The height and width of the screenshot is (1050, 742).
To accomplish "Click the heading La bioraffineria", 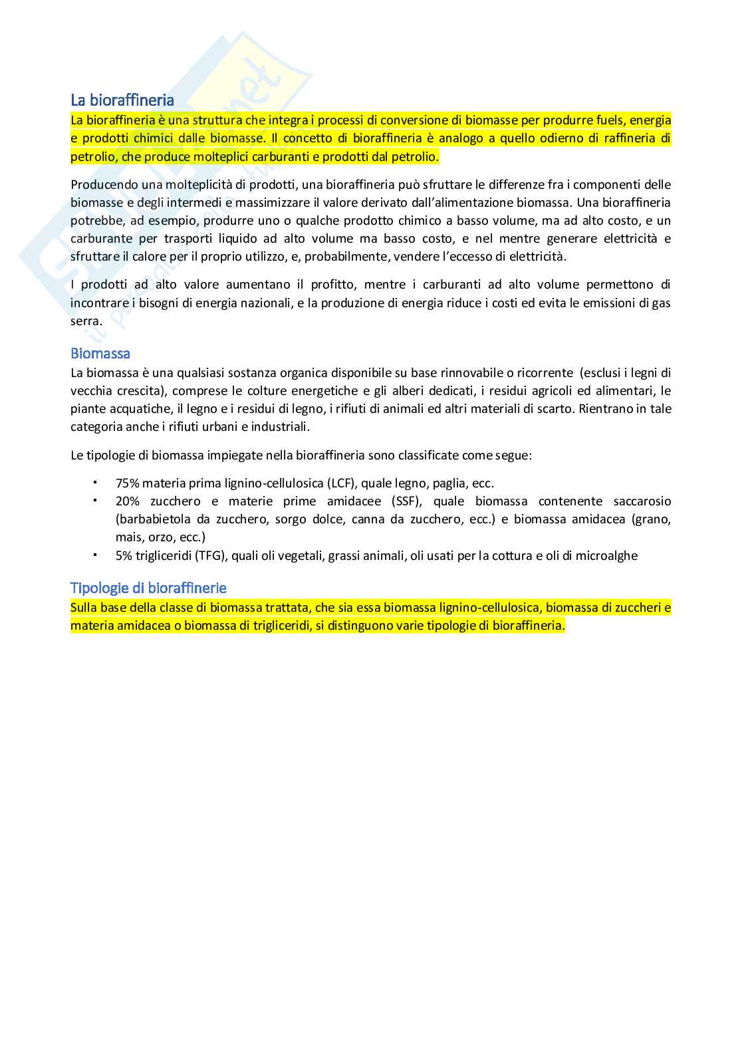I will pyautogui.click(x=122, y=100).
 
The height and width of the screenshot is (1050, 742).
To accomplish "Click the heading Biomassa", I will pyautogui.click(x=100, y=353).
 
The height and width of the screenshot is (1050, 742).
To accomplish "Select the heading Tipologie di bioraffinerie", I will pyautogui.click(x=148, y=588).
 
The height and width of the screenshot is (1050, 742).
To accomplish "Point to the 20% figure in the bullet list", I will pyautogui.click(x=128, y=501).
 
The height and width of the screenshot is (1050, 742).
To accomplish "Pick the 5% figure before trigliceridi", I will pyautogui.click(x=124, y=555).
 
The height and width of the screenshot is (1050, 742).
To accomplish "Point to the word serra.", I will pyautogui.click(x=86, y=321).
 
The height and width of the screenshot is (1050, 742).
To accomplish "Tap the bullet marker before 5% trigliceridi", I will pyautogui.click(x=95, y=554).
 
